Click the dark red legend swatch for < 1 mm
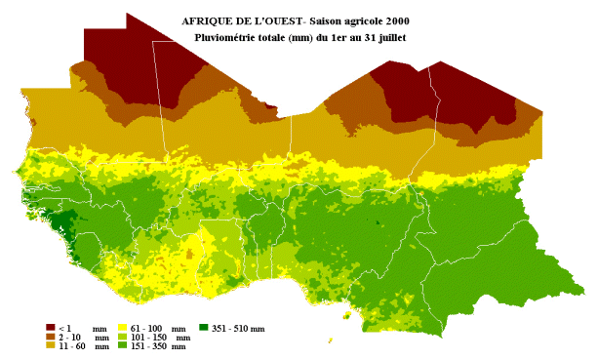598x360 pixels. tap(51, 328)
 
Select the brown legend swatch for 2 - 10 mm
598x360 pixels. tap(51, 337)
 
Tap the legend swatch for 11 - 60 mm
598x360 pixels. tap(51, 345)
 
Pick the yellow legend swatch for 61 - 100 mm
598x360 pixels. tap(123, 328)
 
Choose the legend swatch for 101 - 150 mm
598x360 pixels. tap(123, 337)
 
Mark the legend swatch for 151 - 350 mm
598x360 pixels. tap(123, 345)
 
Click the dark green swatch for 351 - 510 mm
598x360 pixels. tap(205, 328)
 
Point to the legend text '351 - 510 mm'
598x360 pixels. tap(239, 329)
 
